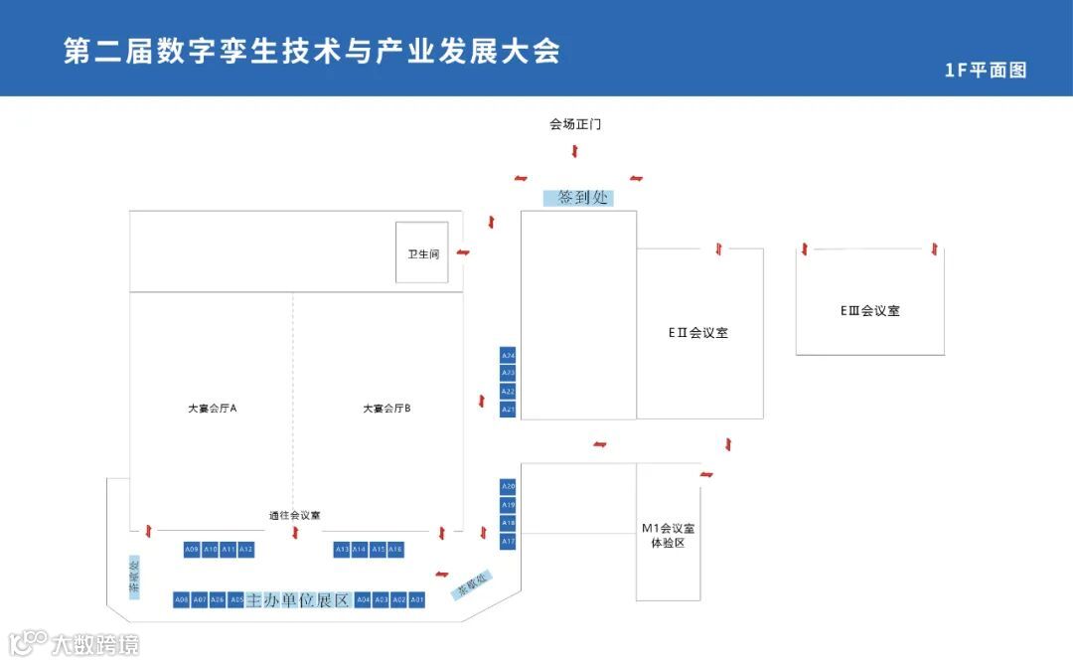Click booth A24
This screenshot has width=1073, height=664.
[x=508, y=355]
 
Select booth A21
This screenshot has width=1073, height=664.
[x=508, y=409]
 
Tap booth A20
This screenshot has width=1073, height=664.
[x=508, y=486]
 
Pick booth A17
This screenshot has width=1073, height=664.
[x=508, y=541]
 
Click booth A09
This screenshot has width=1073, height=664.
[x=192, y=549]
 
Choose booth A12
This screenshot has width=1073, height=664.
[x=246, y=549]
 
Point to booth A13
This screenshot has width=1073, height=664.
[x=342, y=549]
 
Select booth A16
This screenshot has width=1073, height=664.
[x=395, y=549]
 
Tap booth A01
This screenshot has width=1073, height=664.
[x=417, y=599]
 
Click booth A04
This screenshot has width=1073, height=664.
[x=363, y=599]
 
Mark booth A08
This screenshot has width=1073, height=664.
[x=181, y=599]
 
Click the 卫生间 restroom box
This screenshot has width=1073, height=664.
[x=422, y=252]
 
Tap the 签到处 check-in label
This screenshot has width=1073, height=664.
[x=578, y=198]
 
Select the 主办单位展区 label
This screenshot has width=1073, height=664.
[x=298, y=599]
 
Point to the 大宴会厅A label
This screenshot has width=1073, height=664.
[x=212, y=409]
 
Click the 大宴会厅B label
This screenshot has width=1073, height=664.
[x=386, y=409]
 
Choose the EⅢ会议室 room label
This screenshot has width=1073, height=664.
[x=869, y=310]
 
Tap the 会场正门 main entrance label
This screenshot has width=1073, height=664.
[x=575, y=125]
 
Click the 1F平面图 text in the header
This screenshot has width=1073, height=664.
[x=986, y=70]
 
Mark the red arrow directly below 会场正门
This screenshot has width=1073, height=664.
[x=575, y=151]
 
